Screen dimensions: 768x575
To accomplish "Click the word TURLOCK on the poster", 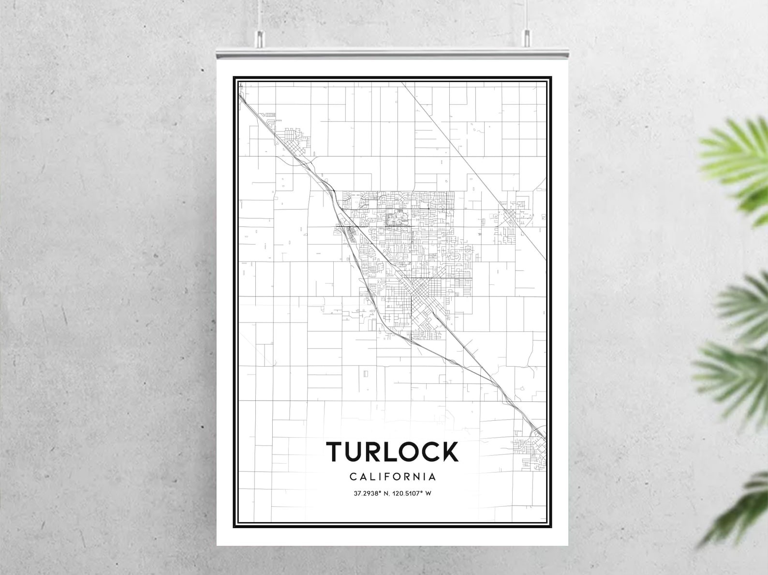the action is point(392,452).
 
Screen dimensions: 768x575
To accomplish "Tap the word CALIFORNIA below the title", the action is point(393,477).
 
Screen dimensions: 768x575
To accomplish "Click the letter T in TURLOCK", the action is point(335,452).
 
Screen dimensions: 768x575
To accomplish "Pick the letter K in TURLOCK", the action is point(449,452).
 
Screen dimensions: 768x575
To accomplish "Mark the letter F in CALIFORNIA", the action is point(385,477).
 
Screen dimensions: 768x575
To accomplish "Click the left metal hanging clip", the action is point(259,39).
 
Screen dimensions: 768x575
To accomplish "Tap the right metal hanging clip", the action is point(527,39).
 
